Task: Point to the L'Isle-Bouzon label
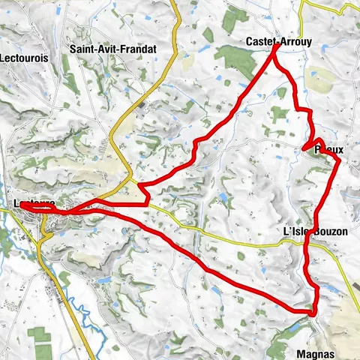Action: (x=316, y=232)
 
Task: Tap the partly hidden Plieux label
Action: (x=330, y=150)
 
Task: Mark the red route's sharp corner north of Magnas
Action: (x=312, y=310)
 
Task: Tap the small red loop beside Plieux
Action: (x=317, y=143)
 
